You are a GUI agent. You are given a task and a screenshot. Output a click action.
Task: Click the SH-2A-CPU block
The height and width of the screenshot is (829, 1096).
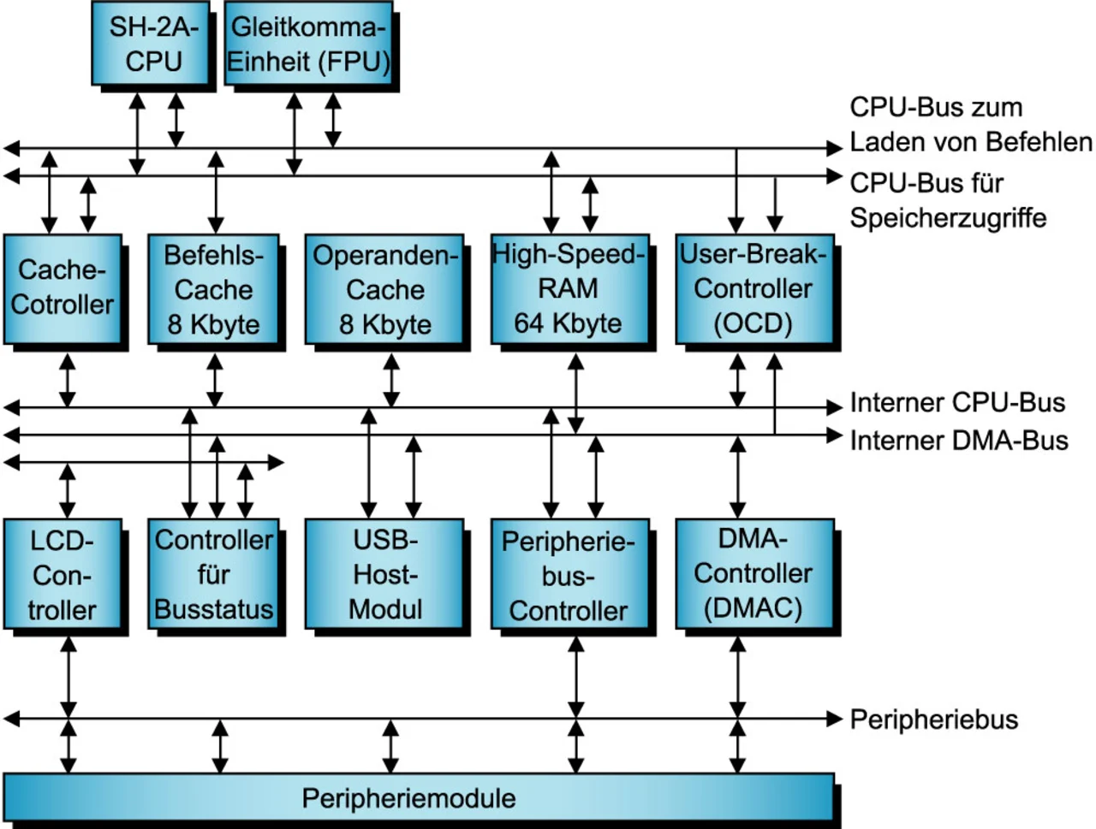tap(152, 44)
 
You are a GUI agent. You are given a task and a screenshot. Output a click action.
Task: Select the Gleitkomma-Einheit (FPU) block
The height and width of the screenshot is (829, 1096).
tap(308, 44)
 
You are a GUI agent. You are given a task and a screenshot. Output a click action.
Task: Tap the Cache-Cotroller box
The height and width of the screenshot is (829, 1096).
tap(63, 288)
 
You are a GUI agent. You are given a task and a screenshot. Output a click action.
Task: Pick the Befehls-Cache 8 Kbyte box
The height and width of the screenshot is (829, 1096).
tap(213, 289)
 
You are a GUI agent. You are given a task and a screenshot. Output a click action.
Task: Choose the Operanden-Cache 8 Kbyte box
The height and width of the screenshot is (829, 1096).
tap(384, 289)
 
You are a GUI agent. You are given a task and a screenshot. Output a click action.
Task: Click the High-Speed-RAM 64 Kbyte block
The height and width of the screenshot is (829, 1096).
tap(569, 288)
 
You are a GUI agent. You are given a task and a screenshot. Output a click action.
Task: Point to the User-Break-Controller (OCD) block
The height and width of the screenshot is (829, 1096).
tap(753, 288)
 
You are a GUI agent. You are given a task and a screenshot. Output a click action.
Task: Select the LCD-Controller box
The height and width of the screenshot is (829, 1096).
tap(63, 575)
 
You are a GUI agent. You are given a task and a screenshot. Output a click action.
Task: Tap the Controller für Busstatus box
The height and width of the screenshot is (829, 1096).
tap(213, 575)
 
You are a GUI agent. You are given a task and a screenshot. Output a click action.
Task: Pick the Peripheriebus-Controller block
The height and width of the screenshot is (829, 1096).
tap(569, 576)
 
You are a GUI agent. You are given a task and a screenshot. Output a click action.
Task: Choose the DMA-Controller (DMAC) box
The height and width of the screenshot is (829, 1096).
tap(753, 574)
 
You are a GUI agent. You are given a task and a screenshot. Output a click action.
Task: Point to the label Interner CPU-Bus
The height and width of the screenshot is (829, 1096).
tap(957, 403)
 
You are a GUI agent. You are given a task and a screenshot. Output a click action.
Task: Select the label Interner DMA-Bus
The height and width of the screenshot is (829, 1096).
tap(958, 441)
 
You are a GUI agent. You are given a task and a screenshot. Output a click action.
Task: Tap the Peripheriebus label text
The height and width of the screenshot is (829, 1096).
tap(933, 719)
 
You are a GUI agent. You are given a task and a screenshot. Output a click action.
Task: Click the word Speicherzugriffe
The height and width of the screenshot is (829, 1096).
tap(948, 218)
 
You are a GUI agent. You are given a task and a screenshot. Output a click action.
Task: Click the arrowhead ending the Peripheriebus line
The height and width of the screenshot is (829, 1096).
tap(835, 719)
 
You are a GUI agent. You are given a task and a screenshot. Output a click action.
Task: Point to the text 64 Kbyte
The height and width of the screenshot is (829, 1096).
tap(569, 323)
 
